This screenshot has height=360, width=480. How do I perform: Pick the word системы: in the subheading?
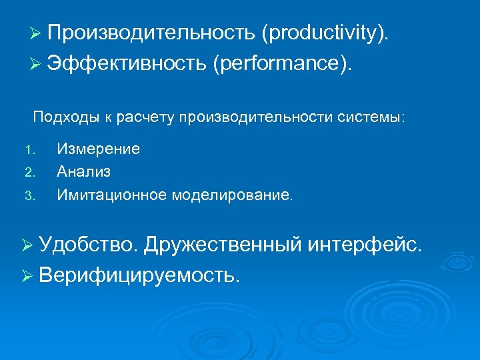click(x=387, y=118)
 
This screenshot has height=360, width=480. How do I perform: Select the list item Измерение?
click(x=98, y=149)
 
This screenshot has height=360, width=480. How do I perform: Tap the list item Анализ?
click(x=84, y=172)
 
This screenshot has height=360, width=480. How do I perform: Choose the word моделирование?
click(x=232, y=195)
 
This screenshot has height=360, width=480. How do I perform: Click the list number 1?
click(x=27, y=149)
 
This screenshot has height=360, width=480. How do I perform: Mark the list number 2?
click(x=28, y=173)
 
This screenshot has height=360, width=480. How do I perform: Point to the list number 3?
click(x=28, y=196)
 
